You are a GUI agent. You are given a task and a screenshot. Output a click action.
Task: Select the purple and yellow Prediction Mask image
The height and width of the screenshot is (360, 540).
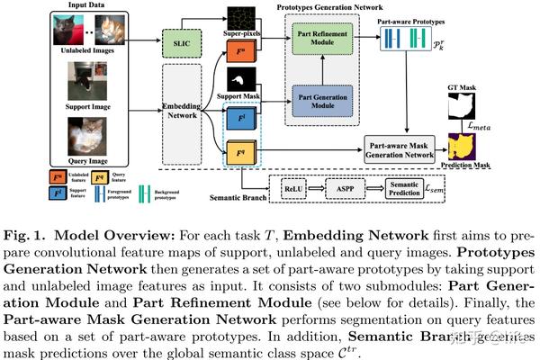point(462,147)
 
